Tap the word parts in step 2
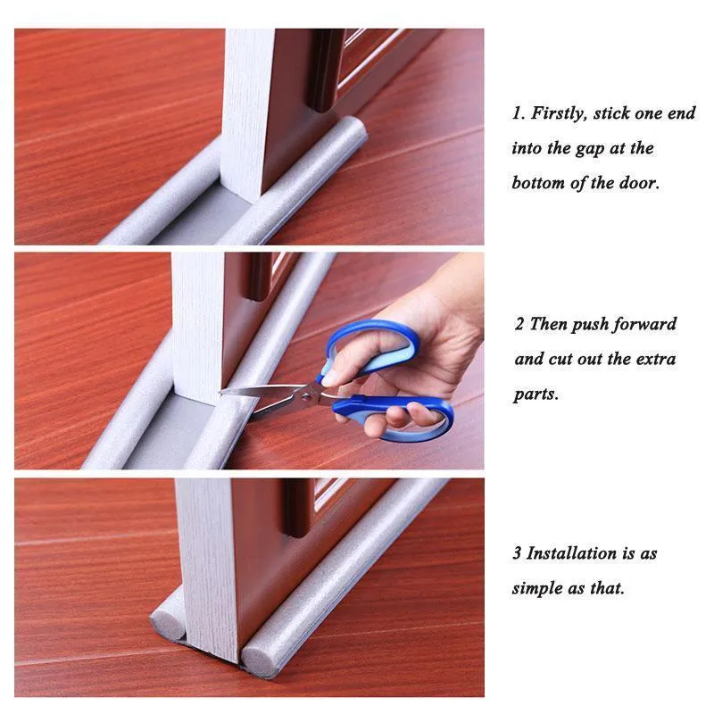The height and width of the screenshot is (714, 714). (536, 394)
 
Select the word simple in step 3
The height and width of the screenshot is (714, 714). (537, 589)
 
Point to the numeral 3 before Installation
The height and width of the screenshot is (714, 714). (517, 553)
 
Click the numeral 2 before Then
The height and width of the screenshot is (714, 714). (519, 325)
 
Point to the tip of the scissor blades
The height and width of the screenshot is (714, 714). (220, 393)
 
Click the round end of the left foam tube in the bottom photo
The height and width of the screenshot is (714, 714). (167, 622)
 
